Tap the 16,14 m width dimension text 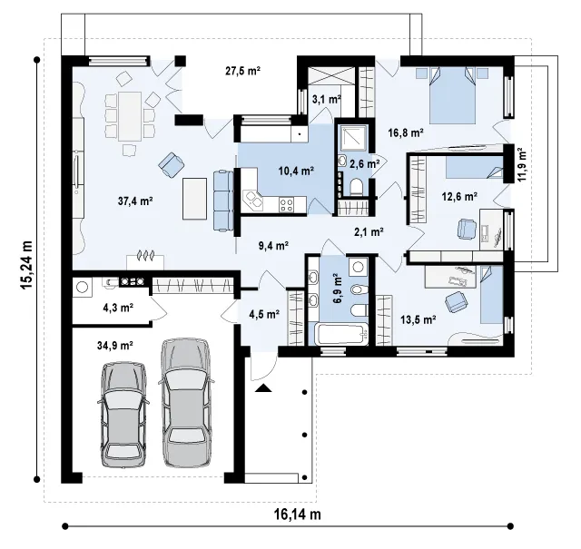(298, 515)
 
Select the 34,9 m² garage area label (115, 346)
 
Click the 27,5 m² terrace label (243, 71)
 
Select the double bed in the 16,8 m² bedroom (452, 95)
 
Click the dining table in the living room (130, 116)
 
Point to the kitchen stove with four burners (287, 205)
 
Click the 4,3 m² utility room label (117, 308)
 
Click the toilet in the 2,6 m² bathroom (357, 186)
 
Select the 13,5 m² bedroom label (418, 319)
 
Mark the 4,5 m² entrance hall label (264, 315)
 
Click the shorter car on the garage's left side (123, 414)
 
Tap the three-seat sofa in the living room (223, 201)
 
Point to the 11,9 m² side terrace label (522, 164)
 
